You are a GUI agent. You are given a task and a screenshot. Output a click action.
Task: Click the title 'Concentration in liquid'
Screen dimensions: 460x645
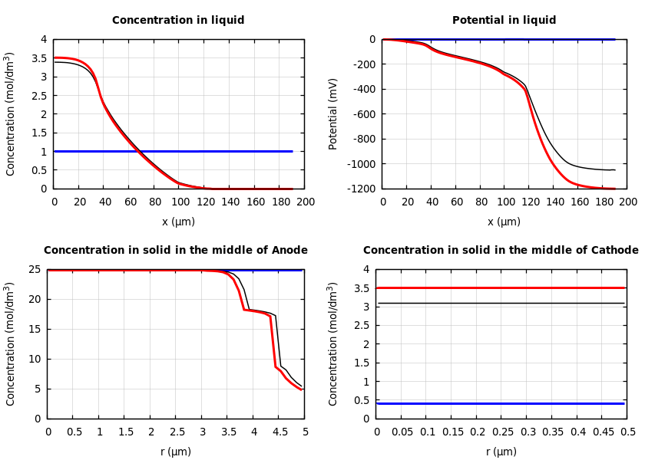click(x=178, y=21)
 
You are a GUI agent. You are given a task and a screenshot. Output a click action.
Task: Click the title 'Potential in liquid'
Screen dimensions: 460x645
click(x=504, y=21)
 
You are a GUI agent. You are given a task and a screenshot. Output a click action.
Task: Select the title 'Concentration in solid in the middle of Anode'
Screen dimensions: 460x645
click(x=175, y=250)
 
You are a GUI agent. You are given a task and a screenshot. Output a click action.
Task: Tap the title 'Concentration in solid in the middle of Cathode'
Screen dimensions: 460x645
click(x=501, y=250)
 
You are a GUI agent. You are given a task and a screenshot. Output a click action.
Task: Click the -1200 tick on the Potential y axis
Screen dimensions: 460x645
click(x=360, y=189)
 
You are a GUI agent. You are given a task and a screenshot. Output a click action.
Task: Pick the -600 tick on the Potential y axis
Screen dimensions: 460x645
click(x=363, y=114)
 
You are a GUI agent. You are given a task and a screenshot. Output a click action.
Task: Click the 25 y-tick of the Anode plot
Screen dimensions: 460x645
click(x=35, y=269)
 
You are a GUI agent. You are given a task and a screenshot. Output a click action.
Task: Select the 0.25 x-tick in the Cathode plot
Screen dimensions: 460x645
click(x=501, y=432)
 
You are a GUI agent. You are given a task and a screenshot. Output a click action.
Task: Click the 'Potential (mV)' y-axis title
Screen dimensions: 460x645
click(x=333, y=113)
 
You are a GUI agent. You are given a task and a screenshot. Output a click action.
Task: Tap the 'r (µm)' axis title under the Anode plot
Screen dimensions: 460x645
click(x=177, y=452)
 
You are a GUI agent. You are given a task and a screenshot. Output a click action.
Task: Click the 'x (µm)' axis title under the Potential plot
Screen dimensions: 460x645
click(x=504, y=222)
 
